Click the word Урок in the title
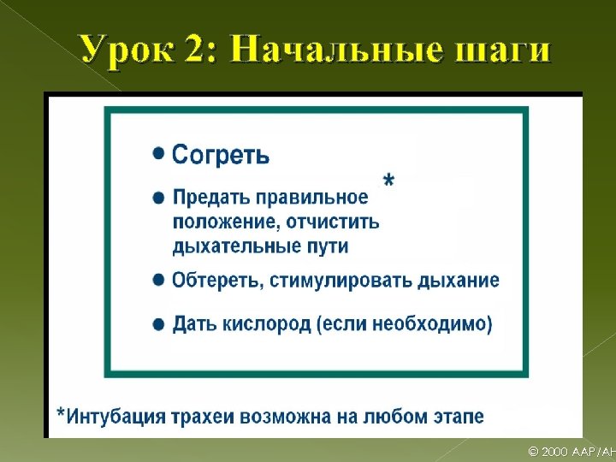pyautogui.click(x=130, y=50)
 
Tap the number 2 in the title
pyautogui.click(x=204, y=50)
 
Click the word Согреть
pyautogui.click(x=221, y=155)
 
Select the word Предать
pyautogui.click(x=210, y=198)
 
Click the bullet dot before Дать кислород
pyautogui.click(x=158, y=324)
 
